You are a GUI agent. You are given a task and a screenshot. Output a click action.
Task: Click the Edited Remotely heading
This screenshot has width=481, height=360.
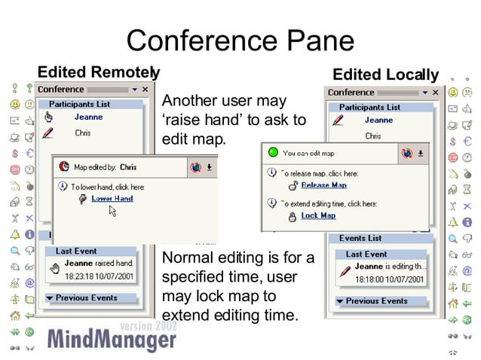point(98,72)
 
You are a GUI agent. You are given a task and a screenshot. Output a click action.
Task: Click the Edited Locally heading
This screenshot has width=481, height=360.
point(385,75)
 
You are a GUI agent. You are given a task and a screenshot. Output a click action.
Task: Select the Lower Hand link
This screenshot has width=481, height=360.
point(112,198)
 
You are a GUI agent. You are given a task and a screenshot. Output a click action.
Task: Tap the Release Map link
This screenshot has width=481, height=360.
point(323,185)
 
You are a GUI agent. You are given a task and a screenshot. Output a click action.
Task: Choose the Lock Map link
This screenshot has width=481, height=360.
point(318,215)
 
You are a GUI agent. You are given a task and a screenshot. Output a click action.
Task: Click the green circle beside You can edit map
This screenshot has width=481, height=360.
point(274,152)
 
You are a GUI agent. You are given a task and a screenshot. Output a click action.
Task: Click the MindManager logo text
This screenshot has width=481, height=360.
point(112,340)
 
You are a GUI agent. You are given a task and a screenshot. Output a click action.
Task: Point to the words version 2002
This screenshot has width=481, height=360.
point(148,326)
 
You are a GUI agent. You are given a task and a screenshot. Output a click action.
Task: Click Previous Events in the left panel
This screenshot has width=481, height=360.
point(87,297)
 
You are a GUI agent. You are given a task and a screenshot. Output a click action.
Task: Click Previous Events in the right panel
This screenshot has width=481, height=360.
point(376,301)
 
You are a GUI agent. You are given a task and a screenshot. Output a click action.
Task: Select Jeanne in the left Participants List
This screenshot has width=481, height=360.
point(88,117)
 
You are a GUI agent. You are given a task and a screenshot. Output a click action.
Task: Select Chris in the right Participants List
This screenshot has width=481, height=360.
point(373,136)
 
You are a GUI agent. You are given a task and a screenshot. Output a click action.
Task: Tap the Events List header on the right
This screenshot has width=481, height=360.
point(360,238)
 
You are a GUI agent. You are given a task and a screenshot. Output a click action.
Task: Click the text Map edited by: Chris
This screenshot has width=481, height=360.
point(106,167)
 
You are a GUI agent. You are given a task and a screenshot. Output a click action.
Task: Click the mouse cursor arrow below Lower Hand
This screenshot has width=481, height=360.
point(112,212)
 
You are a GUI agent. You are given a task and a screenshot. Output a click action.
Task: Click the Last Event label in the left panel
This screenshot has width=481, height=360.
point(76,251)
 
